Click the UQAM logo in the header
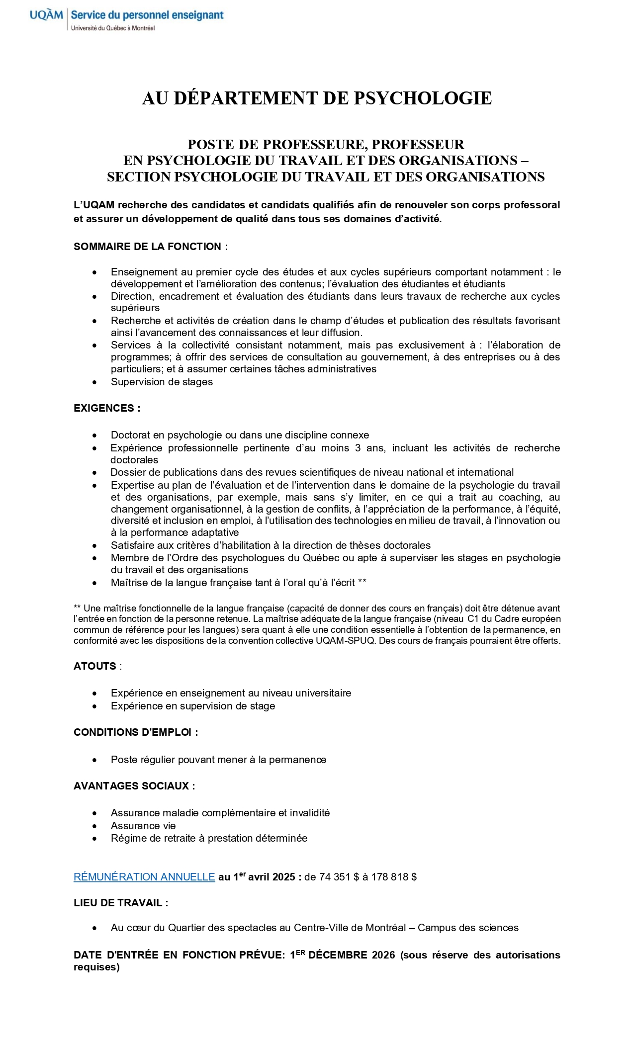point(46,15)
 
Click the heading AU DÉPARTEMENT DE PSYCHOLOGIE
point(317,98)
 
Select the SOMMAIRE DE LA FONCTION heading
point(151,247)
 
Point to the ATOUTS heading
point(95,666)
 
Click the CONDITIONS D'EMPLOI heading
point(136,732)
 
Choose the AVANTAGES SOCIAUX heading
point(134,786)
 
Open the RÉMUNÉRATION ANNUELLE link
point(144,877)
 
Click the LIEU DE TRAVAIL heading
point(121,903)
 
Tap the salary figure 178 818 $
point(394,877)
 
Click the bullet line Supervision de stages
point(162,382)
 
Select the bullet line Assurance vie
point(143,826)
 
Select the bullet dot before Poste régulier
point(94,760)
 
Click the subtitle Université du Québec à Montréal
point(113,28)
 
